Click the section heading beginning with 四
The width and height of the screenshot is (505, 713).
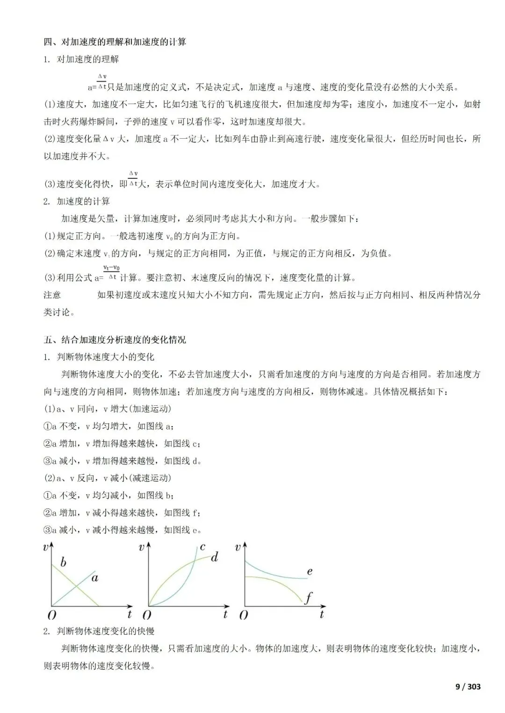point(115,42)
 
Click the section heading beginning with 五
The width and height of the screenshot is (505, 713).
point(115,339)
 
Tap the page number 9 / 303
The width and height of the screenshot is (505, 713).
point(468,686)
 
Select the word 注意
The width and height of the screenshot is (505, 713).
point(52,295)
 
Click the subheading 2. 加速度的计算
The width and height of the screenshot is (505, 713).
point(77,201)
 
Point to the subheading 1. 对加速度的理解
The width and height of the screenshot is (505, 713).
point(81,59)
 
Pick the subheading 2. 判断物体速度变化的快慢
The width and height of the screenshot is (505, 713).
point(99,631)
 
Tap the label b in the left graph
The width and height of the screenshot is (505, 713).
point(63,562)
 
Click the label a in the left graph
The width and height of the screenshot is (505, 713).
point(95,578)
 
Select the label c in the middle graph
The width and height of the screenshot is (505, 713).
point(202,546)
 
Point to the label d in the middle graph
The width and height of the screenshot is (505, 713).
point(215,557)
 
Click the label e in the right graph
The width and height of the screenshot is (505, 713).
point(310,571)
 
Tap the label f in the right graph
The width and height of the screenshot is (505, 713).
point(309,598)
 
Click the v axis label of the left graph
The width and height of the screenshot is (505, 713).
point(46,547)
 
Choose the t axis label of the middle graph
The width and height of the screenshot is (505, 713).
point(225,614)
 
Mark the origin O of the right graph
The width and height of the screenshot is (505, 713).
point(243,615)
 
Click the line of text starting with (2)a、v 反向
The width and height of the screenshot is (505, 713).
point(108,478)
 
